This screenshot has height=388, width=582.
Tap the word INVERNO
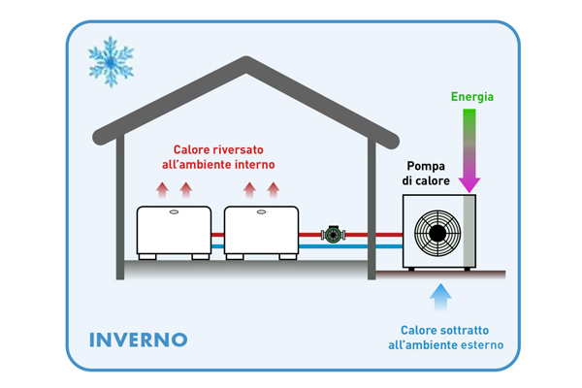[138, 339]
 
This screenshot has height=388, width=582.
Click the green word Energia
[471, 97]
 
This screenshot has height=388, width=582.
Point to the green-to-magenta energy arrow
[469, 150]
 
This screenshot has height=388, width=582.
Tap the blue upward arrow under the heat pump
[441, 295]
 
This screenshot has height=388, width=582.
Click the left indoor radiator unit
[174, 231]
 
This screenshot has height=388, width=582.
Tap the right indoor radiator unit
[260, 231]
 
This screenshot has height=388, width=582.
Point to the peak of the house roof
[244, 63]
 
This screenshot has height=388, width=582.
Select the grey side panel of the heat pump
[471, 230]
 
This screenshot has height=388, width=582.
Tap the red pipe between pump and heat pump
[374, 234]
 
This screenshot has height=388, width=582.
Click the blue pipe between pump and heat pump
[374, 247]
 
